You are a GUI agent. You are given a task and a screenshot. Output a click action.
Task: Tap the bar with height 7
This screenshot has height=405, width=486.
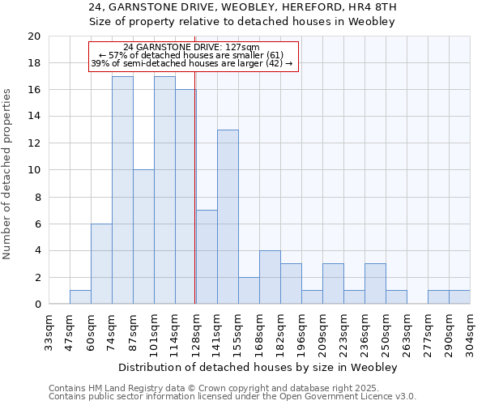pos(207,257)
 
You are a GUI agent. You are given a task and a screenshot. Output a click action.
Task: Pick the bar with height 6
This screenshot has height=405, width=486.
pos(101,263)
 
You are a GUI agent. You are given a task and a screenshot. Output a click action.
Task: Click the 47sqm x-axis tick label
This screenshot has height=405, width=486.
pos(70,330)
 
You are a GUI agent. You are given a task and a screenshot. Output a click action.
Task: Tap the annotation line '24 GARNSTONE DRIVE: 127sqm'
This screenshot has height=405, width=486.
pos(192,48)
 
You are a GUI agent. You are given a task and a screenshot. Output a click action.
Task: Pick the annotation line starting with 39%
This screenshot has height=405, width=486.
pos(192,63)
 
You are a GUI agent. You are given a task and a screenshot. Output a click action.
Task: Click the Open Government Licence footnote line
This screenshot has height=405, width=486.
pos(232,396)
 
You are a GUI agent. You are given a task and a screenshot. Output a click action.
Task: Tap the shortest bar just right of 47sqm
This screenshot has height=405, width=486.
pos(80,297)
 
